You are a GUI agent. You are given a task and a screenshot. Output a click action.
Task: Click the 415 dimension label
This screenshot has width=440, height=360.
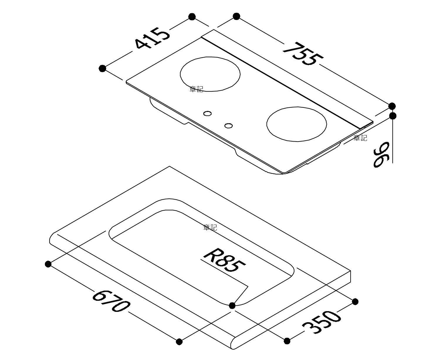pos(152,38)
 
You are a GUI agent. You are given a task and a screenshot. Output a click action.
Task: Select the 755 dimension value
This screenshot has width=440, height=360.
pos(303,54)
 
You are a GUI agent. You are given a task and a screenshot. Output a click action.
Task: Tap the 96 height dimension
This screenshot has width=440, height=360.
pos(382,154)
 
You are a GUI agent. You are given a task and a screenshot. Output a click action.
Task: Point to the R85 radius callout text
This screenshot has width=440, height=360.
pos(224,260)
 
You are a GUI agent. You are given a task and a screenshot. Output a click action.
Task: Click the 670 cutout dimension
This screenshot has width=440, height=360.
pos(111,301)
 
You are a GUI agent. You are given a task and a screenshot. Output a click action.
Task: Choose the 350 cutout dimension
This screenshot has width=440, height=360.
pos(321,322)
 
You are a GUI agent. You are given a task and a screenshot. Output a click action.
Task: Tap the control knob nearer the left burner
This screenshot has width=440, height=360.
pos(207,113)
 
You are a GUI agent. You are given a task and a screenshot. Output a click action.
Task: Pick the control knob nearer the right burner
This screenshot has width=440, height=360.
pos(229,126)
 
